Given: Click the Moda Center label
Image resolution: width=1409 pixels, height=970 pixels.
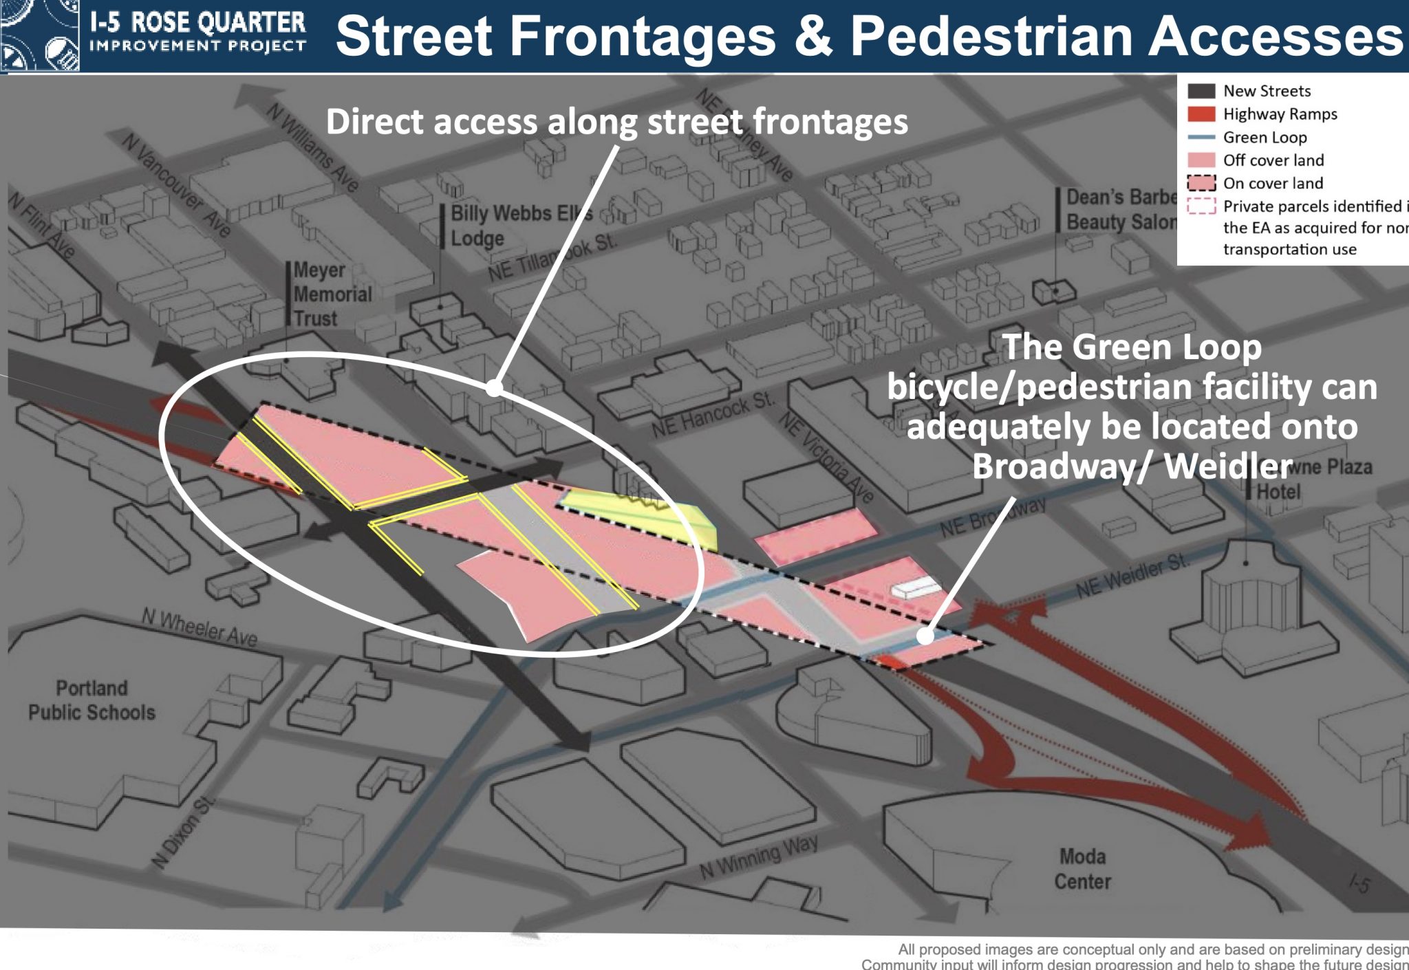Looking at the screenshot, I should tap(1082, 869).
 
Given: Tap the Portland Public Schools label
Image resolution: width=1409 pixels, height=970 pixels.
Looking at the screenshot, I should tap(92, 700).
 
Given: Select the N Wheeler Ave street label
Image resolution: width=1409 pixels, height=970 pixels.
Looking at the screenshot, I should tap(200, 627).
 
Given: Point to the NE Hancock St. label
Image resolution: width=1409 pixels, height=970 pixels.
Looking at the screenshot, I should tap(713, 415).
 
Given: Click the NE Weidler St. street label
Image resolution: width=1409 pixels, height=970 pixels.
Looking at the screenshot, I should tap(1132, 575).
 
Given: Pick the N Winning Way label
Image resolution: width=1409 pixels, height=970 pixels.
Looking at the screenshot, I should tap(759, 857).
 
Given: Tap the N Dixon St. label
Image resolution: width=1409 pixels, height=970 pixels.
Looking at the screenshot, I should tap(182, 832).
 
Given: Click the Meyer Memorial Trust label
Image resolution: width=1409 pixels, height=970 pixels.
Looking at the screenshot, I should tap(332, 294).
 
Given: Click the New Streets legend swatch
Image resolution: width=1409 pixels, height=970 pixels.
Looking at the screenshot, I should tap(1201, 91).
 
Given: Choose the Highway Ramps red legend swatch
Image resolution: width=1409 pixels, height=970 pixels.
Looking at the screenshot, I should tap(1201, 114).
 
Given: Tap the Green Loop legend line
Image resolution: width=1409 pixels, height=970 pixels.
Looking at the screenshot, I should tap(1201, 137).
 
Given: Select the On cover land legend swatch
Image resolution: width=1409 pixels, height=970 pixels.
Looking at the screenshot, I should tap(1201, 183).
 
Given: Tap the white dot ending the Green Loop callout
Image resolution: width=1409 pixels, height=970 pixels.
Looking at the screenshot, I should tap(925, 636).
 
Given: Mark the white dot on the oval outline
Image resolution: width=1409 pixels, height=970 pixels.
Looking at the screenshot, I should tap(494, 388).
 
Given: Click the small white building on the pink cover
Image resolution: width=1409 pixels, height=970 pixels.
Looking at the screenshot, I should tap(915, 588).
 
